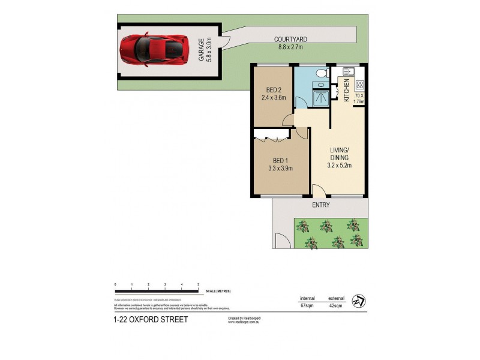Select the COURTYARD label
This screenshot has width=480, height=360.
(292, 39)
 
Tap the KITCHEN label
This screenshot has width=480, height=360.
(347, 89)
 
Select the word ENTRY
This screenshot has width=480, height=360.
(320, 205)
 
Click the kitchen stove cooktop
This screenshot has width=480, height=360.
(359, 85)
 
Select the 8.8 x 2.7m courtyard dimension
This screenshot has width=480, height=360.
(292, 46)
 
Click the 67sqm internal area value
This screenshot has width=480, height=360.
(307, 306)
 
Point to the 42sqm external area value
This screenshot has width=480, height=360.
(335, 306)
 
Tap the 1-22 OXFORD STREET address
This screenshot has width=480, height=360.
(150, 319)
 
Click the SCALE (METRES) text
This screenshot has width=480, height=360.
(217, 291)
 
